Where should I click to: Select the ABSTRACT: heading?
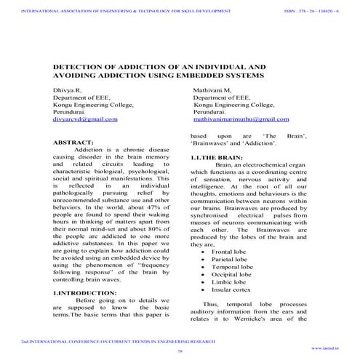74,143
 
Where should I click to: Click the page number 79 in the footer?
180,351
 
